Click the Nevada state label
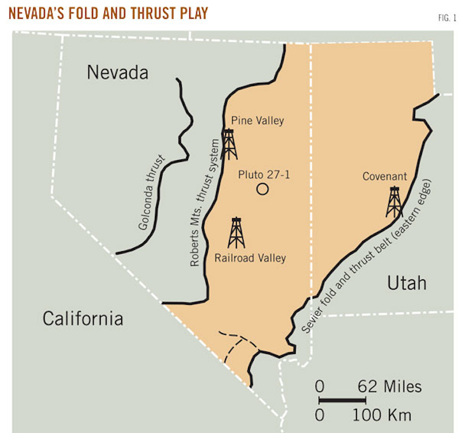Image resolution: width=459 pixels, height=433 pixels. tap(117, 73)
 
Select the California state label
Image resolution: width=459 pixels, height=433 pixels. tap(82, 318)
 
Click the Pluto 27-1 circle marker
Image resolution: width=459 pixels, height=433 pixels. tap(261, 189)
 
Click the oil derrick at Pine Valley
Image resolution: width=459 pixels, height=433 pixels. tap(229, 144)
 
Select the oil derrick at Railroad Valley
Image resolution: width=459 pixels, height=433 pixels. tap(237, 232)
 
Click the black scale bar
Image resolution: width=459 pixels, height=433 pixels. tap(342, 400)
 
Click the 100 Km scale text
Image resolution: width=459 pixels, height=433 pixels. tap(382, 415)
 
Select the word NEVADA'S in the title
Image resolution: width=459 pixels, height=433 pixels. tap(39, 13)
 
